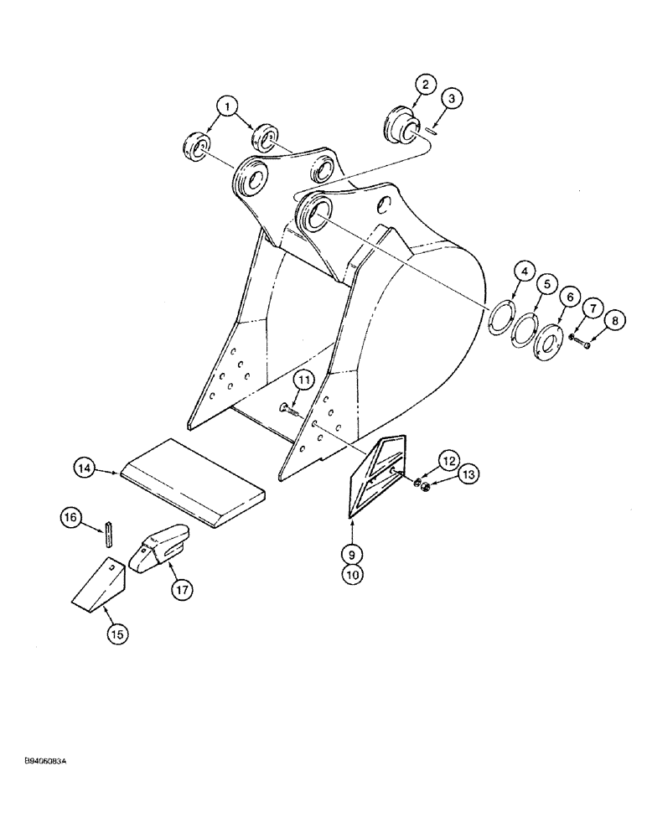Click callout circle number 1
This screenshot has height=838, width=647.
[x=225, y=106]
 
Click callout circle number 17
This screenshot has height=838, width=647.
[x=182, y=590]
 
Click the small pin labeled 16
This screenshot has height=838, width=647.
[x=107, y=530]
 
